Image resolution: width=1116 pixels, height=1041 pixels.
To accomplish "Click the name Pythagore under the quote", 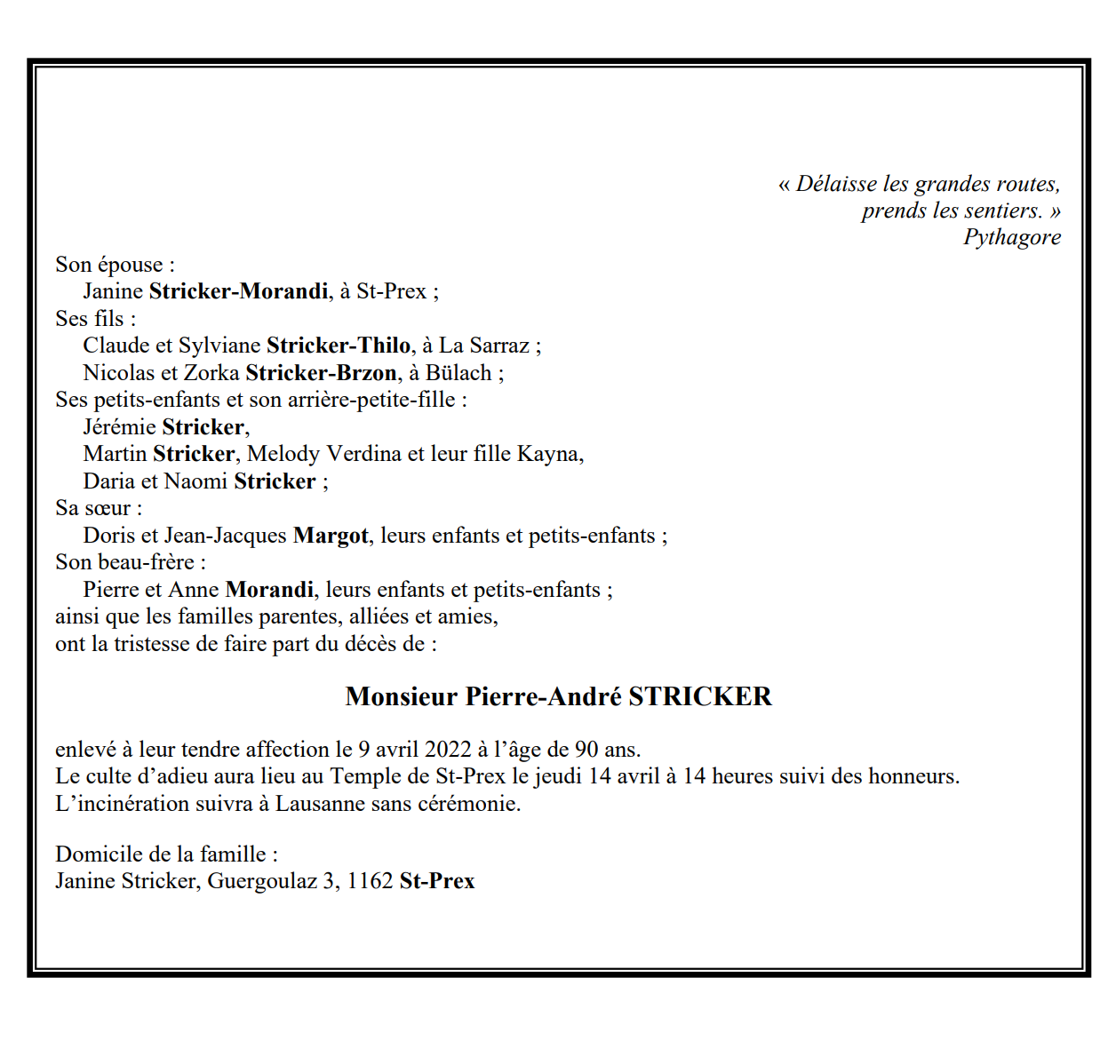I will pyautogui.click(x=1012, y=237).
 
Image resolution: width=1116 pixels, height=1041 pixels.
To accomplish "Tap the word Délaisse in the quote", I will pyautogui.click(x=835, y=184).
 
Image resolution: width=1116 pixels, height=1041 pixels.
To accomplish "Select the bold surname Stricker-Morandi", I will pyautogui.click(x=238, y=291).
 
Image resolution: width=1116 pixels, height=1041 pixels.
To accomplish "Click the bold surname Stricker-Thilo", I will pyautogui.click(x=339, y=346).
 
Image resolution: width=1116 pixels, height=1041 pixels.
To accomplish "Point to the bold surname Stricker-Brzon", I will pyautogui.click(x=321, y=373).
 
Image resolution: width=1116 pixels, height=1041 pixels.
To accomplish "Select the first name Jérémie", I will pyautogui.click(x=119, y=427).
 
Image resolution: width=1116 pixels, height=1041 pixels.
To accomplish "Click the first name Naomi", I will pyautogui.click(x=195, y=481).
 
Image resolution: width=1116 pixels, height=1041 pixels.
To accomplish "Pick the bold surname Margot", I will pyautogui.click(x=331, y=536).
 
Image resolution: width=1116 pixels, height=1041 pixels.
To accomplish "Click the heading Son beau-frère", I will pyautogui.click(x=130, y=562).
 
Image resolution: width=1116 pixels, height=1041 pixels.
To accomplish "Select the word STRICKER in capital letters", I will pyautogui.click(x=700, y=696).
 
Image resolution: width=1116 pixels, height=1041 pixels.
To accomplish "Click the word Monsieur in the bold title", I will pyautogui.click(x=401, y=696).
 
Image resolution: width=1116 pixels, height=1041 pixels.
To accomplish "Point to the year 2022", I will pyautogui.click(x=448, y=750).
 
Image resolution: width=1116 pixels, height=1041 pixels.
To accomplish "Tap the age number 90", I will pyautogui.click(x=586, y=750).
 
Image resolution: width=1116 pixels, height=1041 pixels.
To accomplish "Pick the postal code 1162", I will pyautogui.click(x=370, y=881).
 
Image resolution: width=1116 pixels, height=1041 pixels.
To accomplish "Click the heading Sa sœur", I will pyautogui.click(x=98, y=508).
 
